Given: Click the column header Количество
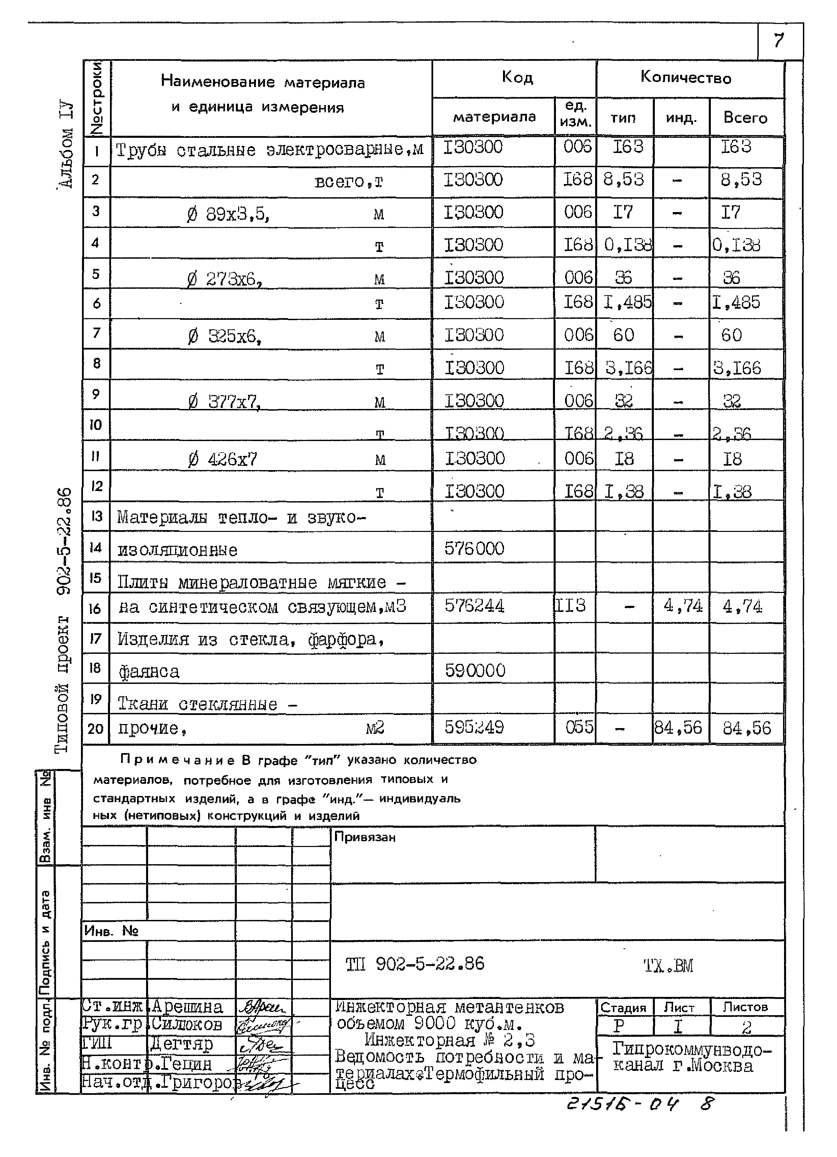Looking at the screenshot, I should tap(686, 78).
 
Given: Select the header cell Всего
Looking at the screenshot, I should tap(745, 118).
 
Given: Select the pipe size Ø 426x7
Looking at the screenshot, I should tap(223, 460).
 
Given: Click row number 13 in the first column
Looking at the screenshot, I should tap(96, 516).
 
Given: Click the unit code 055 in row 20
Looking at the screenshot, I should tap(579, 727).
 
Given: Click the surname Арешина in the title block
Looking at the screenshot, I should tap(187, 1007).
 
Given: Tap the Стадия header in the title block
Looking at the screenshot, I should tap(623, 1007).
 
